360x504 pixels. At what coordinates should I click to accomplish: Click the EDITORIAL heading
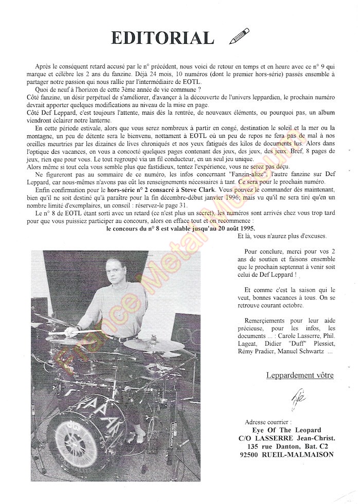tap(162, 38)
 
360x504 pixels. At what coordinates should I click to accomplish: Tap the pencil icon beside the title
tap(239, 36)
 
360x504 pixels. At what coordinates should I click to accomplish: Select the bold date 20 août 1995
tap(224, 228)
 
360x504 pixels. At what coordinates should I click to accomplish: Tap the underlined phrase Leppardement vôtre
tap(300, 375)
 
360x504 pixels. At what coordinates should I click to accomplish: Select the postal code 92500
tap(252, 455)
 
